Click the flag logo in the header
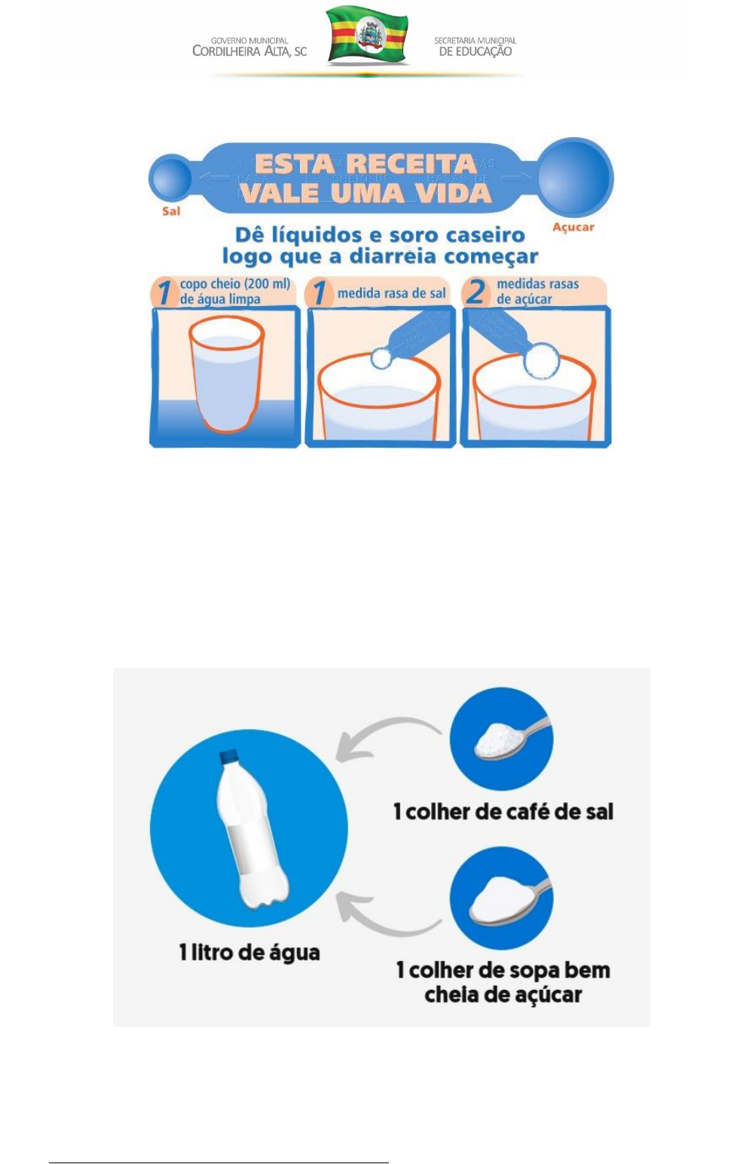click(368, 35)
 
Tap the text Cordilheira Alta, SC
click(249, 51)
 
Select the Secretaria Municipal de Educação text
click(475, 46)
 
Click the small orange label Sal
click(171, 211)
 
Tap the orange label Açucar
click(573, 227)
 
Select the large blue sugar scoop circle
click(576, 178)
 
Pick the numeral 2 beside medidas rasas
click(476, 292)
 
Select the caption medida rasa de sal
click(391, 293)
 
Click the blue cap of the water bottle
click(228, 756)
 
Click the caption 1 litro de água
click(249, 952)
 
